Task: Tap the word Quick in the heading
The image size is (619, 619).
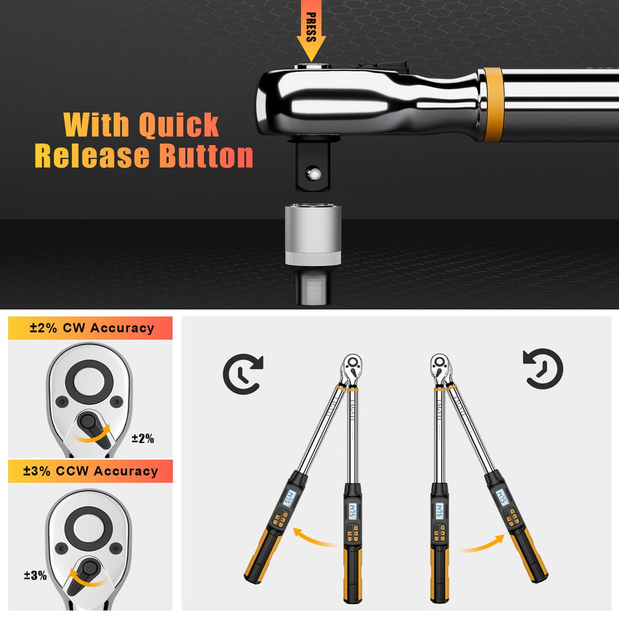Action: pyautogui.click(x=179, y=124)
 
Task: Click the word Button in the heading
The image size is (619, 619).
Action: pyautogui.click(x=206, y=156)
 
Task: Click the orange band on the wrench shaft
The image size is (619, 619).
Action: pyautogui.click(x=492, y=104)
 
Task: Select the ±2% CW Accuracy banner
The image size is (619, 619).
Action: pyautogui.click(x=91, y=328)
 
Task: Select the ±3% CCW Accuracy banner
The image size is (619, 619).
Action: pyautogui.click(x=91, y=471)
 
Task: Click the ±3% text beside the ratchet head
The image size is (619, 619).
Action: pyautogui.click(x=34, y=575)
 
